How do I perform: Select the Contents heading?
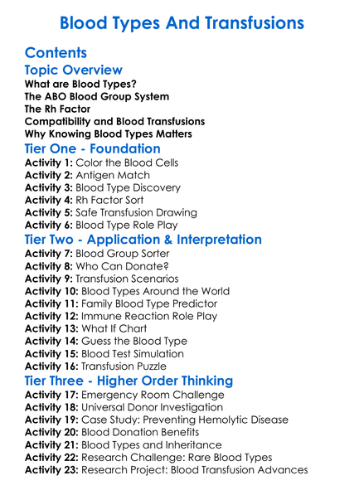click(56, 53)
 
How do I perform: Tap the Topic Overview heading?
click(74, 70)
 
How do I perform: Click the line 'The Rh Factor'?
click(57, 109)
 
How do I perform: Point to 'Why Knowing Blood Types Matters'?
click(109, 134)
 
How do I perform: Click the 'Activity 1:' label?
click(49, 163)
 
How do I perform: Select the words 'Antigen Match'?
click(113, 176)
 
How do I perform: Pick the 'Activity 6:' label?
click(49, 225)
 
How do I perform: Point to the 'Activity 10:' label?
click(52, 291)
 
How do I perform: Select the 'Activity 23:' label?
click(52, 469)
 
